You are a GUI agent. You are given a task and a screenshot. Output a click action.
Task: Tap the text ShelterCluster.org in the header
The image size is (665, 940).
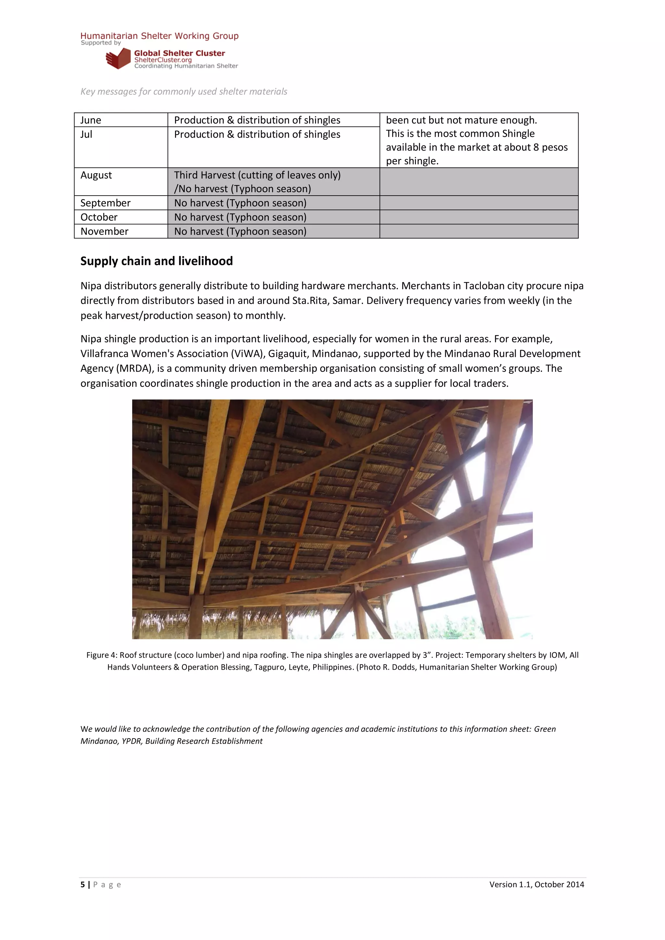pos(163,60)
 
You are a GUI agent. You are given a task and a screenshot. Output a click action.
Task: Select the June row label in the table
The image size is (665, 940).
pos(91,120)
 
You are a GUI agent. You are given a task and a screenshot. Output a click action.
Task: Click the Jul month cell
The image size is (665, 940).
pos(86,134)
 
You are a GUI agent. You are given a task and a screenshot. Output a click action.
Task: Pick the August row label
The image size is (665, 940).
pos(96,175)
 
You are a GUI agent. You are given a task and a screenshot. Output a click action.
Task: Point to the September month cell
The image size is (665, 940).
pos(105,203)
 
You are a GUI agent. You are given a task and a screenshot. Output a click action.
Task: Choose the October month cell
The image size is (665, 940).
pos(99,217)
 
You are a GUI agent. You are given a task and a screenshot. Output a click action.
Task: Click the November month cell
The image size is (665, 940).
pos(104,231)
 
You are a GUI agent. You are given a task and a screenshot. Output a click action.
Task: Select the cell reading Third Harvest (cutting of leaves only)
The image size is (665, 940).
pos(257,175)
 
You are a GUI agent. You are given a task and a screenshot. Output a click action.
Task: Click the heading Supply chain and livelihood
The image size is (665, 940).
pos(157,261)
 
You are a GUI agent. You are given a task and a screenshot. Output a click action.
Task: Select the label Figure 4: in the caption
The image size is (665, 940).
pos(102,655)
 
